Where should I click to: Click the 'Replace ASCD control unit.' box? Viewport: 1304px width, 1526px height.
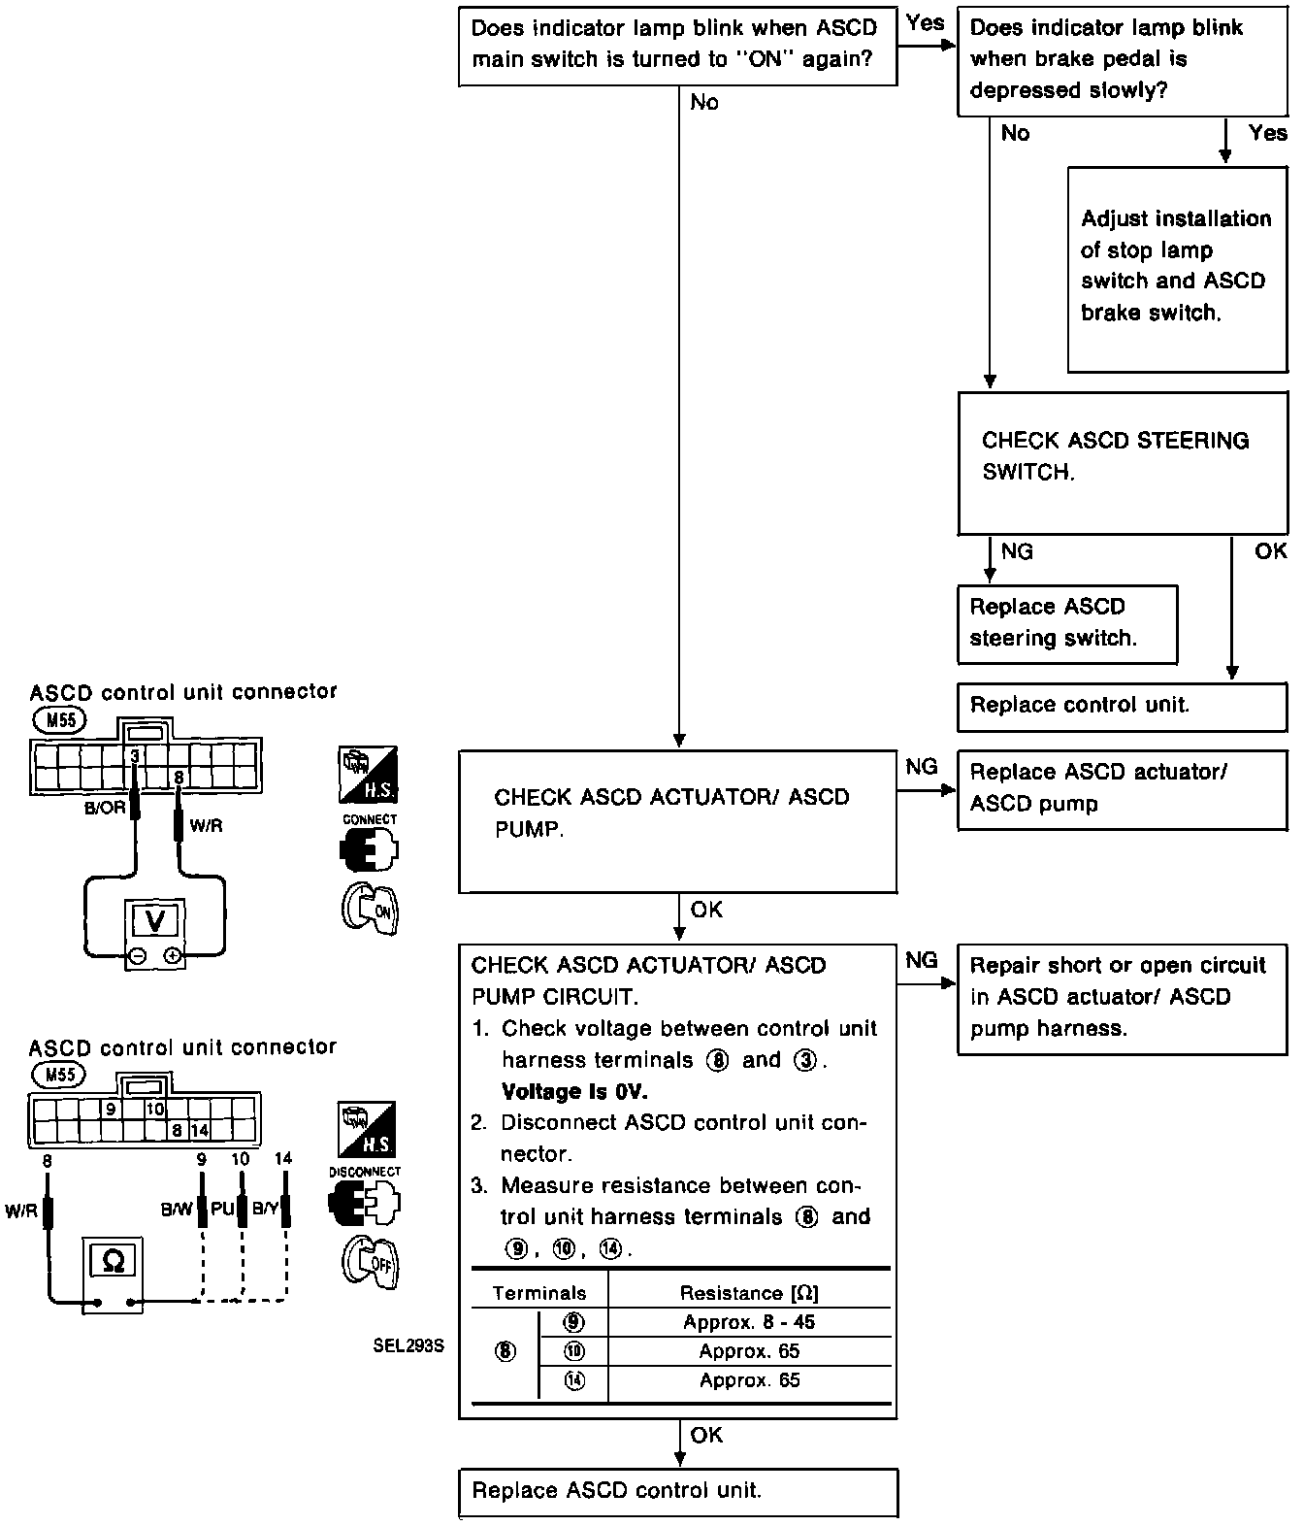(677, 1492)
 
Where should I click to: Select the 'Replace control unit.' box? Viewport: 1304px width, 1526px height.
(1122, 706)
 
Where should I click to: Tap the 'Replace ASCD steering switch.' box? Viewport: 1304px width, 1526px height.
(1066, 623)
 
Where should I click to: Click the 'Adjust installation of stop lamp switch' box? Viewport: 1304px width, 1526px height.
(1177, 269)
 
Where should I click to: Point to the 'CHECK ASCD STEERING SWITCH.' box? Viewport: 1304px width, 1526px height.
(1122, 462)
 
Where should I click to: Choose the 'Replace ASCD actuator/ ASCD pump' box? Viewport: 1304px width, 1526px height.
(1122, 788)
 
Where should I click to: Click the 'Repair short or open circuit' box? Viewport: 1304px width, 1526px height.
(1122, 998)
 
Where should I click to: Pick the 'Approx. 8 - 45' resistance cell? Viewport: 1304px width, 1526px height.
(749, 1322)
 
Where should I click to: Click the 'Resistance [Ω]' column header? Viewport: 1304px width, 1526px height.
(749, 1293)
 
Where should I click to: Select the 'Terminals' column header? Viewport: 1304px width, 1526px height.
(539, 1293)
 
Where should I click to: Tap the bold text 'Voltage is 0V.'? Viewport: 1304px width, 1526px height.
(574, 1091)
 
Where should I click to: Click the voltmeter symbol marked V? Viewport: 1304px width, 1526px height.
(154, 919)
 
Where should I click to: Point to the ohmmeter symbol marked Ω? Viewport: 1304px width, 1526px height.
(113, 1261)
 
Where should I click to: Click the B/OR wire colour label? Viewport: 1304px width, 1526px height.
(105, 808)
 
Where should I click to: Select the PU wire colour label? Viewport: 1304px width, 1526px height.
(223, 1210)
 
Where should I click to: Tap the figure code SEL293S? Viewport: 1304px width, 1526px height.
(407, 1346)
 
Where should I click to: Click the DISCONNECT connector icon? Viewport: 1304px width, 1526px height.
(365, 1204)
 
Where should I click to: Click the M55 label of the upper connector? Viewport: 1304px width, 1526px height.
(59, 720)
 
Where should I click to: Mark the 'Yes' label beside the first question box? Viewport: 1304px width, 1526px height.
(925, 23)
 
